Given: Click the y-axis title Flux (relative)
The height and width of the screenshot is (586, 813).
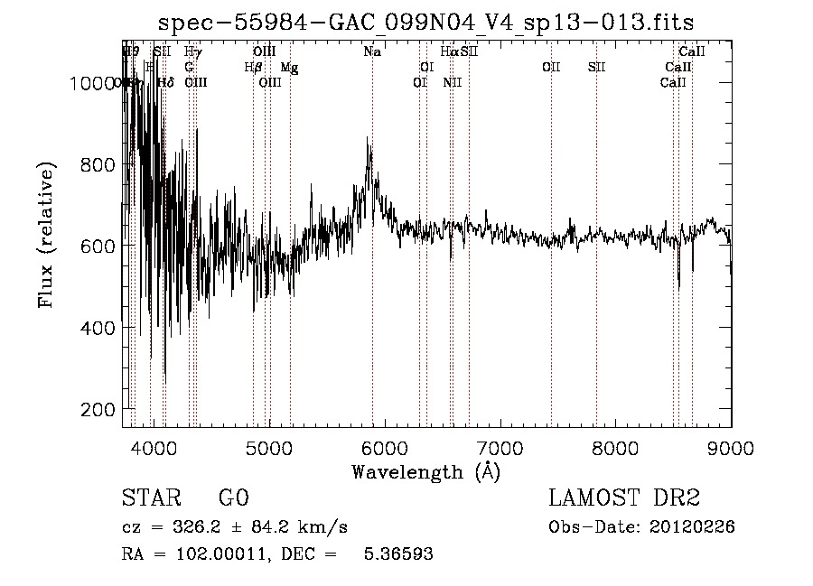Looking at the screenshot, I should pyautogui.click(x=47, y=235).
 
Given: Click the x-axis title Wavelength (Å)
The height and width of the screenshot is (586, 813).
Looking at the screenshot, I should pyautogui.click(x=425, y=471).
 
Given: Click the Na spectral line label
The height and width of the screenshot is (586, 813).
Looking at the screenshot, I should pyautogui.click(x=372, y=52).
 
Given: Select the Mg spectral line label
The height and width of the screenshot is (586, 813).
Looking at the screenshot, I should pyautogui.click(x=288, y=68).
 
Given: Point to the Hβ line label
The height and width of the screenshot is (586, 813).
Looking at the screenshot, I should pyautogui.click(x=253, y=68).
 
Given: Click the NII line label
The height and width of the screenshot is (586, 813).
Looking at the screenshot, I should pyautogui.click(x=453, y=83).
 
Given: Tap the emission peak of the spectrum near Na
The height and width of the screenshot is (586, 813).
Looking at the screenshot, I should pyautogui.click(x=368, y=140).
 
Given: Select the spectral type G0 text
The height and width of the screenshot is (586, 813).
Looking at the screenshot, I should pyautogui.click(x=233, y=498).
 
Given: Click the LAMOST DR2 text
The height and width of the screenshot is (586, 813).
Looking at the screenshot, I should pyautogui.click(x=624, y=498).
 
